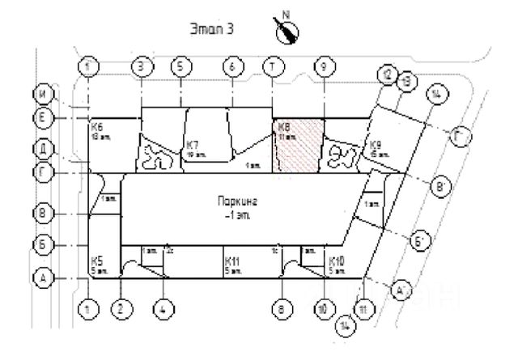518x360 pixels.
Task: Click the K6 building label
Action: (x=96, y=128)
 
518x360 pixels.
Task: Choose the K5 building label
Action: (x=96, y=260)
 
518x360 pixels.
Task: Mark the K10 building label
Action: (x=337, y=261)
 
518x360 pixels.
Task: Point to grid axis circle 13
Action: (x=406, y=79)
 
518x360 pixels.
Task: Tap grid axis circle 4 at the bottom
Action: (x=164, y=308)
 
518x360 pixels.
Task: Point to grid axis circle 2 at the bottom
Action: (x=121, y=308)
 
